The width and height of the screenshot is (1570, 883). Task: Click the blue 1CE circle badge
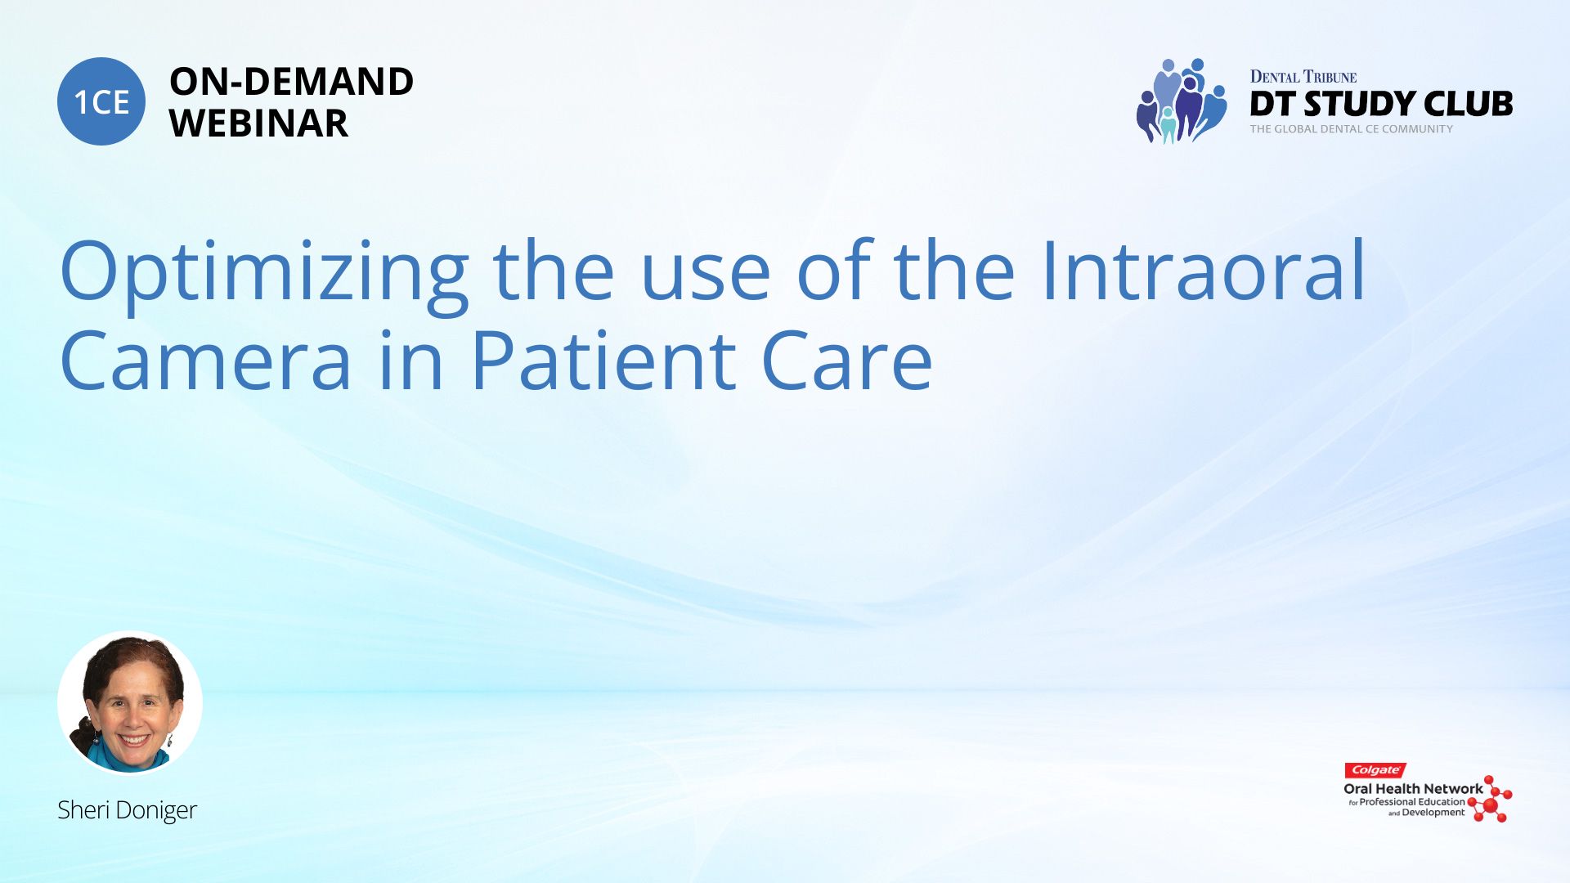(x=101, y=101)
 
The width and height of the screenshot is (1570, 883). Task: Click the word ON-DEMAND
(x=291, y=82)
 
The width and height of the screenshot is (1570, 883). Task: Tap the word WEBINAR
(x=258, y=123)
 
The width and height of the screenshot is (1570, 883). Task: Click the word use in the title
(x=706, y=279)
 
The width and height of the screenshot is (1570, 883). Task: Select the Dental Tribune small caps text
(x=1303, y=77)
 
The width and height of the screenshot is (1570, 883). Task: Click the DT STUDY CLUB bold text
(x=1381, y=104)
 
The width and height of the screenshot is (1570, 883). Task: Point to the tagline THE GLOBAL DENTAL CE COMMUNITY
(x=1352, y=129)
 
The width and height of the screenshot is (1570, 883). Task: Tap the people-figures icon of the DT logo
(x=1181, y=101)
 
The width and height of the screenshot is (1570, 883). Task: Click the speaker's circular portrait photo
(x=130, y=702)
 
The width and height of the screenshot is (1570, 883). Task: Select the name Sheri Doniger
(x=128, y=810)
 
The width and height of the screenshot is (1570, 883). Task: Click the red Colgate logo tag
(x=1375, y=770)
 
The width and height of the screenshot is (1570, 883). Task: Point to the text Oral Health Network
(x=1413, y=789)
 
